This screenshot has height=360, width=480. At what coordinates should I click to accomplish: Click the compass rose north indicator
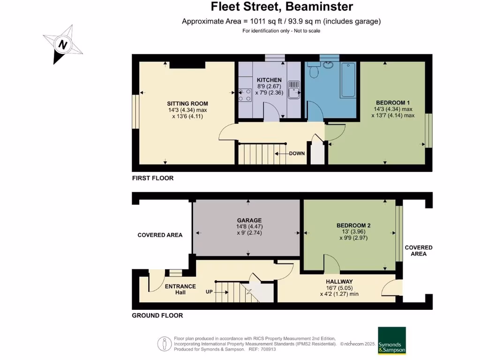[62, 45]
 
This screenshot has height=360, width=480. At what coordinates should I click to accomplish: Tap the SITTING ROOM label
[187, 104]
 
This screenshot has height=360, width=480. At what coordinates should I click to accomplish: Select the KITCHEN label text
[269, 80]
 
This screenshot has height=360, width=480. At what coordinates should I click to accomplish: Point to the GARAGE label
[249, 220]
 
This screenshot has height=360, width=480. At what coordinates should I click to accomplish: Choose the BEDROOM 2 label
[354, 225]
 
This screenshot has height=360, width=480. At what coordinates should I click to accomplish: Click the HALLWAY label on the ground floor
[339, 281]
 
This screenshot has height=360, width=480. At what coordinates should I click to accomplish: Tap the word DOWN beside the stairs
[297, 153]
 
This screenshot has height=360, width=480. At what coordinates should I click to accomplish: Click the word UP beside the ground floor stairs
[209, 292]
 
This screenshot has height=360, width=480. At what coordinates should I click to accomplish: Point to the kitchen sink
[294, 90]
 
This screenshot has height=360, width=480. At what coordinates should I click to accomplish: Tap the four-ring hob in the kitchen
[244, 95]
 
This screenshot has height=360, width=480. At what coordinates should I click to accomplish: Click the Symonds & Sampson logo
[391, 341]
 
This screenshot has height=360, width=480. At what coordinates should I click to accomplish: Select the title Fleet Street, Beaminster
[281, 7]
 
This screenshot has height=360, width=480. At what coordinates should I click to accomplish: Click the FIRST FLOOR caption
[153, 178]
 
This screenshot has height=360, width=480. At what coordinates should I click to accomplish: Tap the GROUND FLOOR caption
[157, 315]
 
